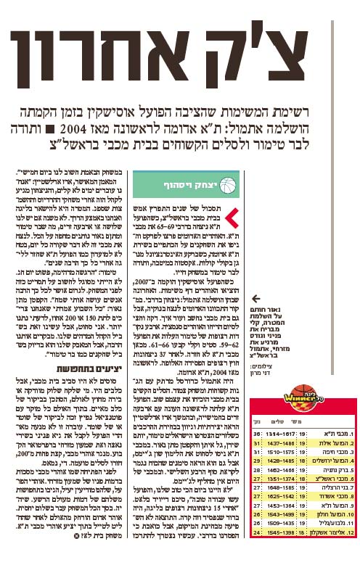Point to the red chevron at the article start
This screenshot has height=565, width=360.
tap(231, 215)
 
